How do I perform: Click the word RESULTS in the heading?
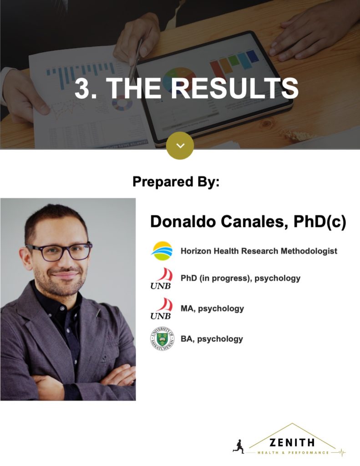234,88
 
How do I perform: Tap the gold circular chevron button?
180,146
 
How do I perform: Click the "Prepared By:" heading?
176,182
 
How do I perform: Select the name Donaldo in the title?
183,222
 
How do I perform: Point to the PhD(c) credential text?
320,222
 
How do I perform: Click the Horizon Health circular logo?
162,251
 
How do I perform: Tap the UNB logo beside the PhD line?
162,278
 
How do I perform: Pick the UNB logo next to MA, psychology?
162,309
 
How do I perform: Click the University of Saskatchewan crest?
162,339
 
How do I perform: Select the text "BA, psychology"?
212,339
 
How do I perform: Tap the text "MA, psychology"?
212,309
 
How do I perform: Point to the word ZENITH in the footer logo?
292,443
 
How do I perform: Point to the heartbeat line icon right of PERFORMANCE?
338,452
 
